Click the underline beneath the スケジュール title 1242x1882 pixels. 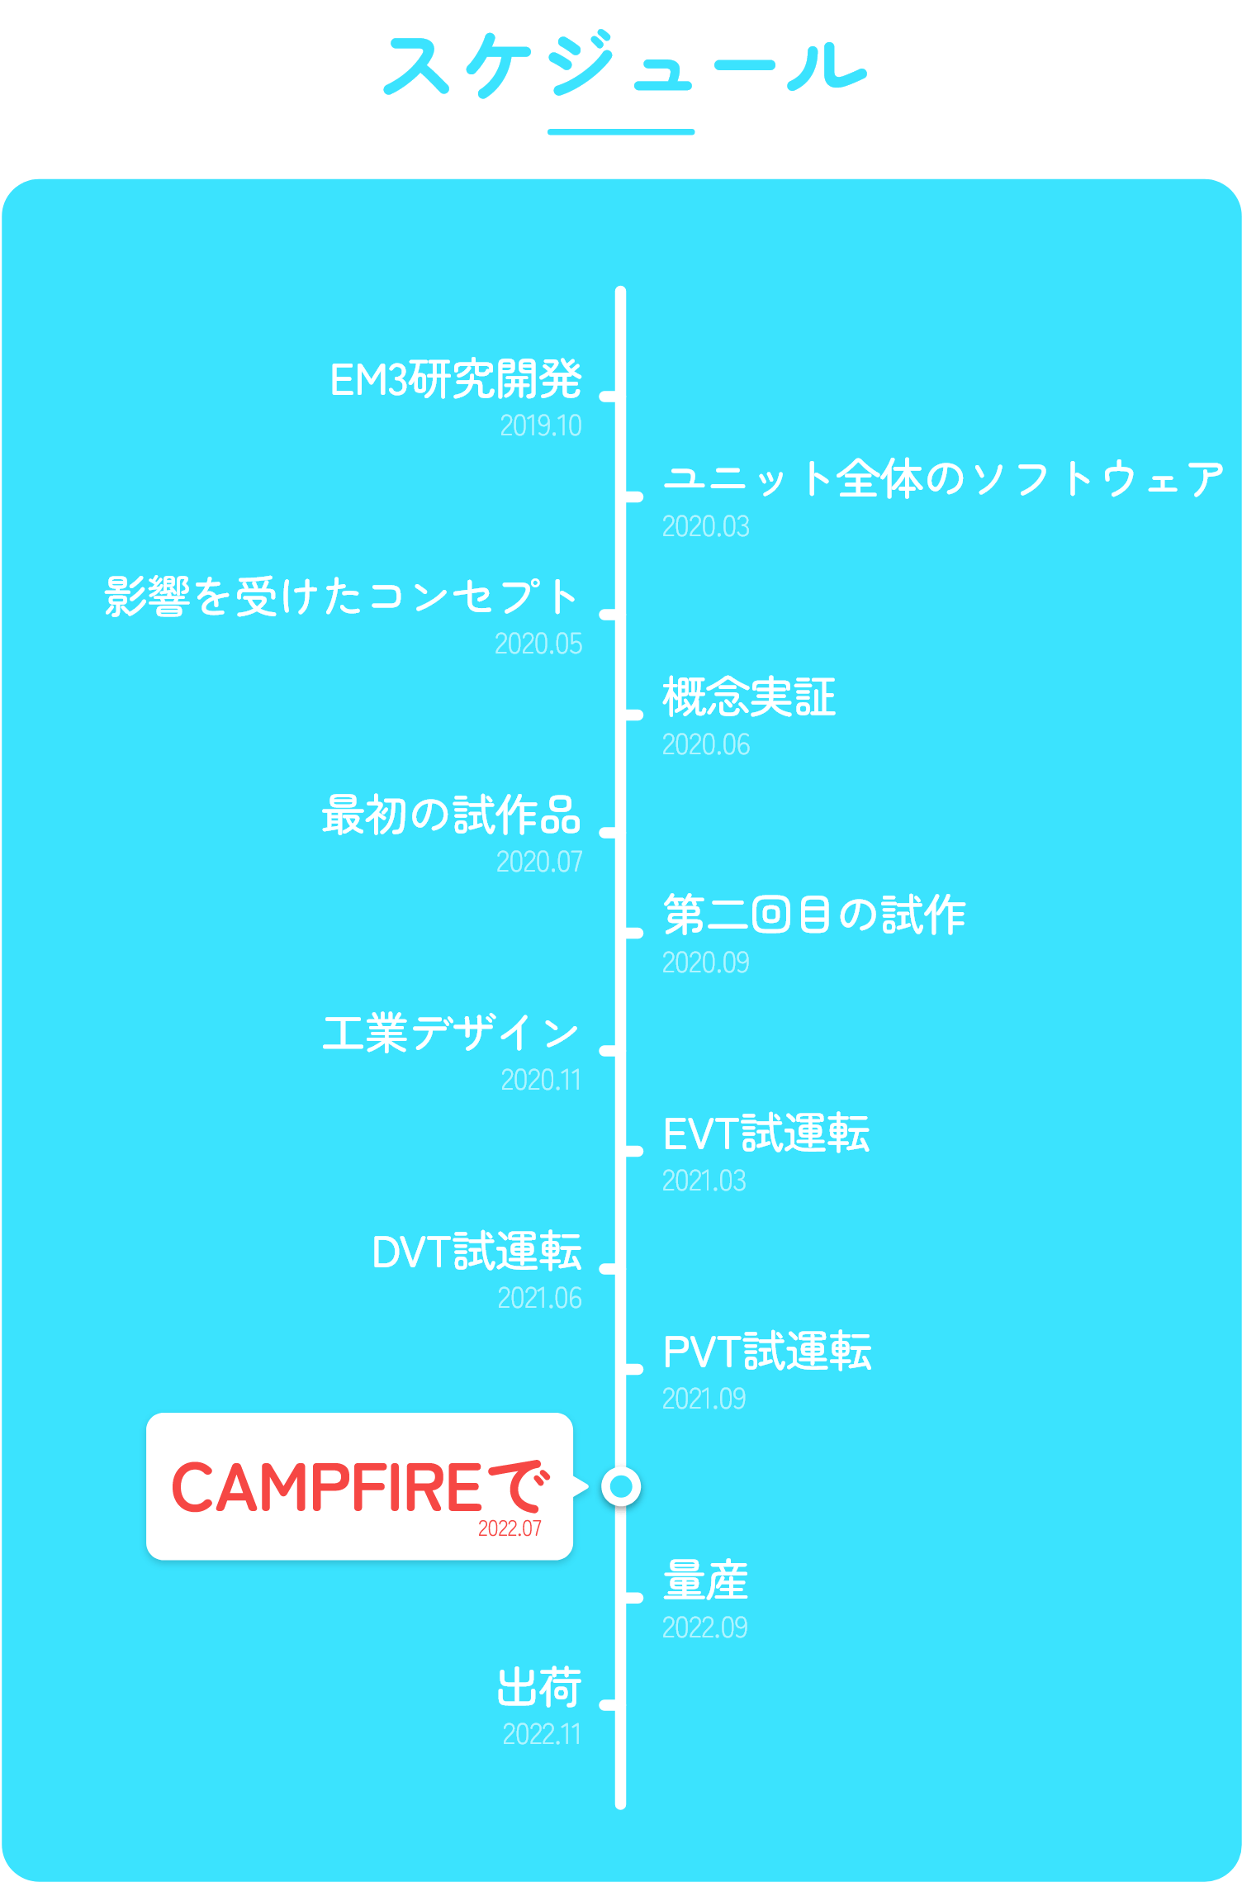(621, 132)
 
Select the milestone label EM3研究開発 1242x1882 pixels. (456, 380)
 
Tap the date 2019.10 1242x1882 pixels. (541, 426)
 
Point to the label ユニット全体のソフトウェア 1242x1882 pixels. (943, 479)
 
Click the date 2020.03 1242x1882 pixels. (706, 527)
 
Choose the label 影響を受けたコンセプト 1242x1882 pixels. (342, 596)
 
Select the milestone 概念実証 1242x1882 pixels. (749, 697)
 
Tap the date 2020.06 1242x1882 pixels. (706, 745)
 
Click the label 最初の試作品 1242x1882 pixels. (451, 815)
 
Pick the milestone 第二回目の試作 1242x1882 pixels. (814, 915)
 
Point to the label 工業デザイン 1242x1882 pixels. (451, 1034)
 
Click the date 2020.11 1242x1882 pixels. (541, 1081)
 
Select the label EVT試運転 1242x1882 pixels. (766, 1133)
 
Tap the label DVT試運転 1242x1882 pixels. (476, 1252)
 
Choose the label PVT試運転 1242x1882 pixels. (767, 1352)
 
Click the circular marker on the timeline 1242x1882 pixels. (621, 1486)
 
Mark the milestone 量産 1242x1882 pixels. (706, 1581)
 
